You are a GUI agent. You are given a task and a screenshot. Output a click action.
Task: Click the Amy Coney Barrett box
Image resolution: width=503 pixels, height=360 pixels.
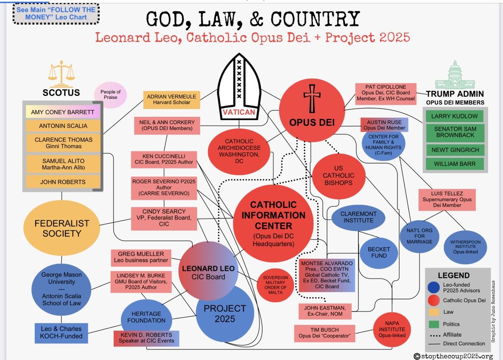coord(63,112)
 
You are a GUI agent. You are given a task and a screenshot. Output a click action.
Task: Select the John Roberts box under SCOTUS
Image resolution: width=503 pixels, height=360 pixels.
coord(62,182)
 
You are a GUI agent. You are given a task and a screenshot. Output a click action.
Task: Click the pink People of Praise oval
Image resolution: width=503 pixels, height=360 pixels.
coord(110,95)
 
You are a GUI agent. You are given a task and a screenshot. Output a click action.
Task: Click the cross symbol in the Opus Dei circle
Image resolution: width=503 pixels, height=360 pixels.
coord(312,98)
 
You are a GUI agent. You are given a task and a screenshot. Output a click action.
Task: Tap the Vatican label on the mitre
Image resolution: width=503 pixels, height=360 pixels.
coord(239,112)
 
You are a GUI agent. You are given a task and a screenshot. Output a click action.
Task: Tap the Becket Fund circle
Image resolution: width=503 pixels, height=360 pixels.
coord(379,252)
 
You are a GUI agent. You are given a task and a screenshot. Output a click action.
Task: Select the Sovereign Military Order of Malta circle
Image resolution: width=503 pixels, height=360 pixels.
coord(275,284)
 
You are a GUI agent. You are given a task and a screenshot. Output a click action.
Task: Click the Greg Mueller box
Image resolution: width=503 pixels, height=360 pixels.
coord(141,257)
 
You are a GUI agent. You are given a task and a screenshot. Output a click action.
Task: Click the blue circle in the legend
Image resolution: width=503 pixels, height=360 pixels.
coord(434,287)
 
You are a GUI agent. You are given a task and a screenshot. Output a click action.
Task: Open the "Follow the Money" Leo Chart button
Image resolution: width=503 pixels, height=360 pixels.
coord(56,13)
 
